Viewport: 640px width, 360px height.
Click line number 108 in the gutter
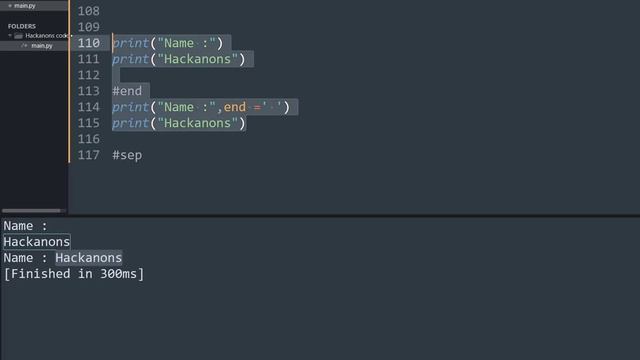click(x=88, y=10)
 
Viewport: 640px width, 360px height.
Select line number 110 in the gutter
click(x=88, y=43)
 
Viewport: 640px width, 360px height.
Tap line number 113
click(x=88, y=91)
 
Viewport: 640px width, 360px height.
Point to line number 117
click(x=88, y=156)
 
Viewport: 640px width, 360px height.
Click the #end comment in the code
click(x=127, y=91)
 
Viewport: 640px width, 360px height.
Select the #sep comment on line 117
click(x=127, y=156)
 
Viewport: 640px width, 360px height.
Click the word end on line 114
click(x=235, y=107)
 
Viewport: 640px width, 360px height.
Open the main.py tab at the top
click(x=23, y=6)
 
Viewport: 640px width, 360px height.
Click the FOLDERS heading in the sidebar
click(x=22, y=26)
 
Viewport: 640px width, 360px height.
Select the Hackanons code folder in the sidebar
click(x=46, y=36)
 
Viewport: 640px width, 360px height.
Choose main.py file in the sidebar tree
click(x=41, y=46)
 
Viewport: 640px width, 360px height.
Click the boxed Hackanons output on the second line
click(x=37, y=242)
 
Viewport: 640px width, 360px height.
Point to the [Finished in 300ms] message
click(x=73, y=274)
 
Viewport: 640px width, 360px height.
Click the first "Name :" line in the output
click(x=25, y=226)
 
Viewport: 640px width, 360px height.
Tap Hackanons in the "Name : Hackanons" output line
click(x=88, y=258)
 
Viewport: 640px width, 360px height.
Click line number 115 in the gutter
click(x=88, y=123)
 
